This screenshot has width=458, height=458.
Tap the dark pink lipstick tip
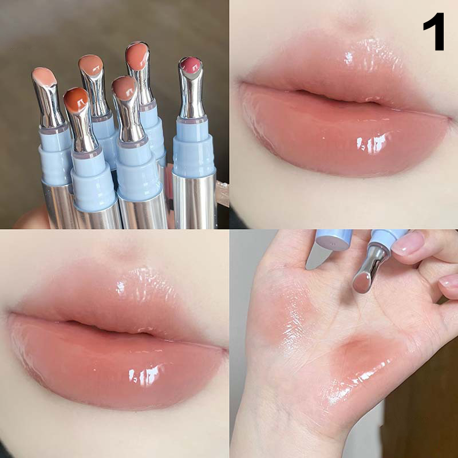[191, 65]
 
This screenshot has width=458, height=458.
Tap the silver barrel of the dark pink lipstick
[194, 202]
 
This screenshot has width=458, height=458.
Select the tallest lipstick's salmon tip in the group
[137, 56]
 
